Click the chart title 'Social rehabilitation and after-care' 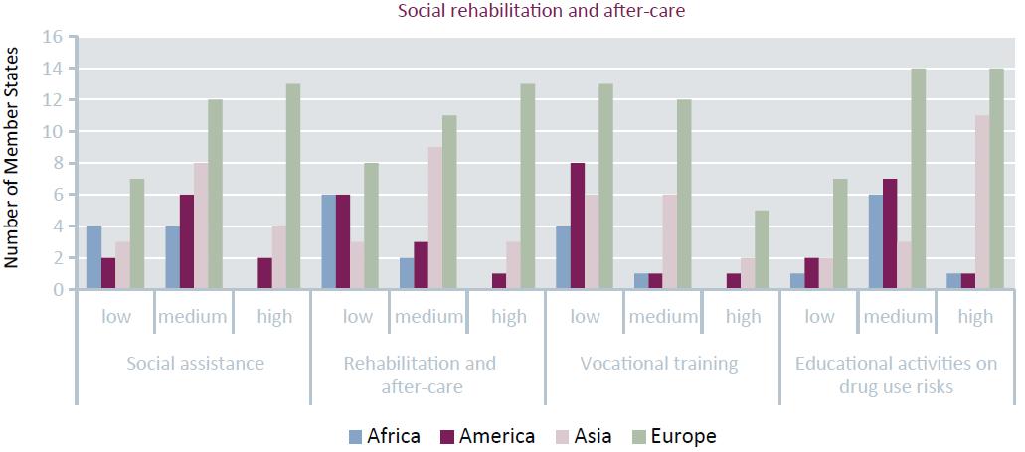(512, 12)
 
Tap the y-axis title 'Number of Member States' (13, 162)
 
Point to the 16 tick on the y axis (52, 37)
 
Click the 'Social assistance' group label (195, 363)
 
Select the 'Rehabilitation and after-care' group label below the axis (428, 375)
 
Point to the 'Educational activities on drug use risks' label (896, 375)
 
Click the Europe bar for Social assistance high (293, 187)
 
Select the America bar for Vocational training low (577, 226)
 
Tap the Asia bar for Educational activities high (982, 203)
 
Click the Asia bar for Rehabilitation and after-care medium (434, 219)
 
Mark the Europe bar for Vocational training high (762, 249)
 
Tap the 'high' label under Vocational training (743, 317)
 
